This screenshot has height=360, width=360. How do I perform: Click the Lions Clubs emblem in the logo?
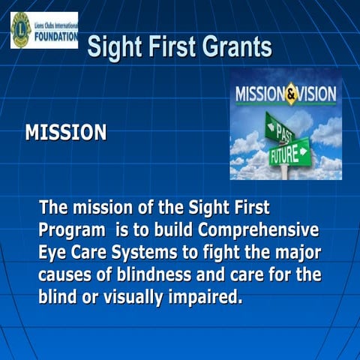20,30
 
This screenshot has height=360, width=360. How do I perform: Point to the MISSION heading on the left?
66,133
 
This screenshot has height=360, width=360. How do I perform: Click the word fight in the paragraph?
227,252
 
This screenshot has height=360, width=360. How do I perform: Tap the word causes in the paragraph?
67,274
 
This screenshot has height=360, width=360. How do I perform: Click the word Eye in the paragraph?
53,252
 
